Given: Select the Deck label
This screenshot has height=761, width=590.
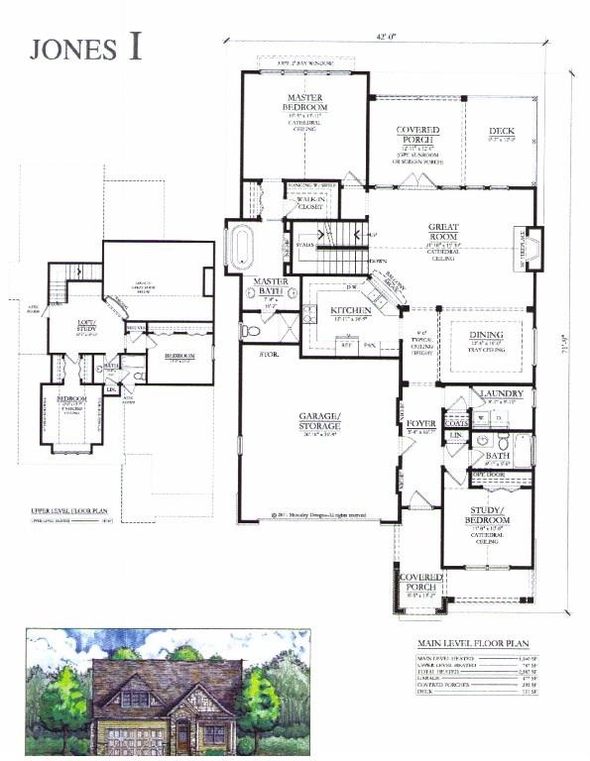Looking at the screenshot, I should (x=501, y=131).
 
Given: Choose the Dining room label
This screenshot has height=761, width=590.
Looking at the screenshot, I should (x=485, y=335).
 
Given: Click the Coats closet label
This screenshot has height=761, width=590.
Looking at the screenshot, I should (x=456, y=420).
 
